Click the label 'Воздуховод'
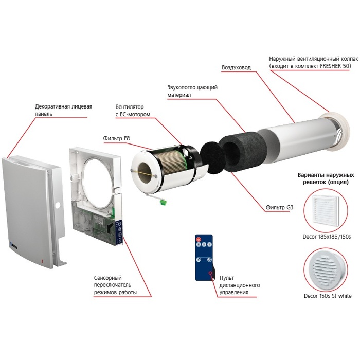tap(236, 67)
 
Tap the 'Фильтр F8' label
tap(116, 138)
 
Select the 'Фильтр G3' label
tap(279, 207)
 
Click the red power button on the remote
tap(199, 239)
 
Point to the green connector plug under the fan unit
tap(163, 202)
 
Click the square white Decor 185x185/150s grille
tap(326, 209)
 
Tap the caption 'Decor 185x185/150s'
tap(327, 237)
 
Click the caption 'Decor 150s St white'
tap(328, 296)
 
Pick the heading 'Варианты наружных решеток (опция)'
tap(326, 178)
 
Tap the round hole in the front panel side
tap(59, 205)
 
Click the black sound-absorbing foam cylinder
tap(242, 151)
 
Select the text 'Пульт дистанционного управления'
tap(240, 285)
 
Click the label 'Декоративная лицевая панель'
tap(63, 110)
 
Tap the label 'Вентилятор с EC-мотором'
tap(133, 111)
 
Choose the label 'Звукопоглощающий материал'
tap(192, 91)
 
